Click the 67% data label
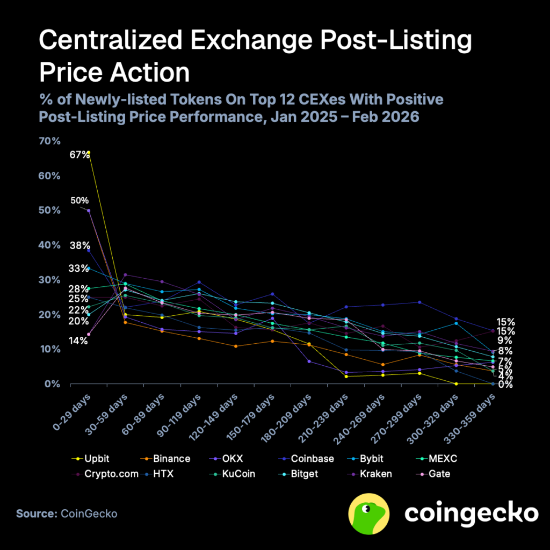click(x=79, y=155)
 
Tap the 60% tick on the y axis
click(x=49, y=176)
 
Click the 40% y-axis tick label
click(x=49, y=245)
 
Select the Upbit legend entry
click(x=94, y=459)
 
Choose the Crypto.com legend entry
click(x=108, y=474)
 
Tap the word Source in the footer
click(x=36, y=513)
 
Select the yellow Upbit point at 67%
click(x=89, y=153)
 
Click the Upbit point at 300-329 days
click(x=456, y=383)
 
